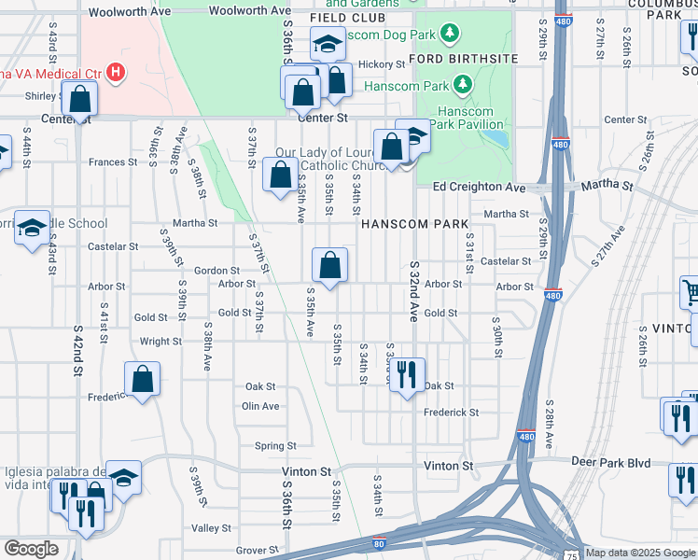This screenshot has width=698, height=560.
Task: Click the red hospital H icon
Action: (x=116, y=71)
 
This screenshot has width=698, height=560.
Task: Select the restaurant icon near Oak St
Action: (x=406, y=375)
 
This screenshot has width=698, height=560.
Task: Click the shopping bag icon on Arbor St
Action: (x=329, y=265)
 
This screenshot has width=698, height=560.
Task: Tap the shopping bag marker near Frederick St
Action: (x=142, y=380)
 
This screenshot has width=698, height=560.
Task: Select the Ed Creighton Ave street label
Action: (x=480, y=187)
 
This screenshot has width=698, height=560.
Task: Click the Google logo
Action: (x=31, y=549)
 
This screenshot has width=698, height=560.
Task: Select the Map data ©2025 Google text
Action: (x=640, y=553)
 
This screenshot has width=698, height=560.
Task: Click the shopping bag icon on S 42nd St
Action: (x=81, y=97)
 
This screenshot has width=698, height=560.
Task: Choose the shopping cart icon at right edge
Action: (x=690, y=293)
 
